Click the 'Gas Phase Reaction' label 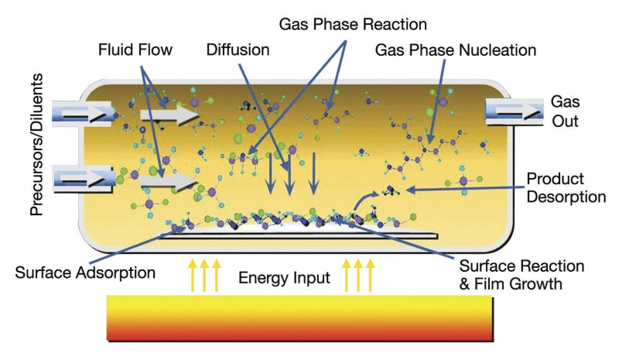coord(353,25)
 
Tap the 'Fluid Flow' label coord(135,50)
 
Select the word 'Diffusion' coord(238,50)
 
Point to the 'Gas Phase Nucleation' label coord(456,50)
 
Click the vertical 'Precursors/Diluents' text coord(36,145)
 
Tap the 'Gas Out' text coord(566,111)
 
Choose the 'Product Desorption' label coord(566,187)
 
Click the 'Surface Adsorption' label coord(85,273)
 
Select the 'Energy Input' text coord(284,278)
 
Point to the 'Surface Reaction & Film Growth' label coord(522,275)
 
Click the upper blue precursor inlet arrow coord(82,113)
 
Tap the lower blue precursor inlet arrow coord(83,180)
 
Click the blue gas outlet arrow coord(515,111)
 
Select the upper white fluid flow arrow coord(169,115)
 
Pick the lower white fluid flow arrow coord(168,182)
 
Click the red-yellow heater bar coord(300,318)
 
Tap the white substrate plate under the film coord(298,234)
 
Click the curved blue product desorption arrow coord(362,200)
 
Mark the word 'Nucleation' coord(498,50)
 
